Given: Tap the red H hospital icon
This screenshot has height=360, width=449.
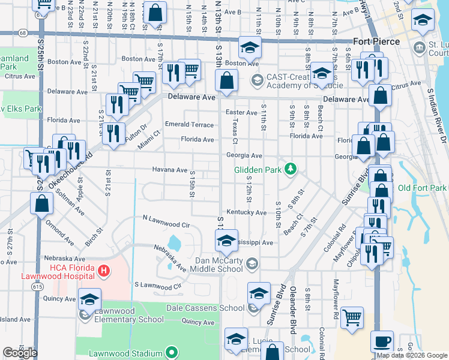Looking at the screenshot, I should tap(104, 271).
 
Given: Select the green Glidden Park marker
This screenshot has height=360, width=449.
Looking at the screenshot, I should tap(291, 170).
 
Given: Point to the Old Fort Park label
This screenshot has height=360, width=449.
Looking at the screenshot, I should tap(422, 188).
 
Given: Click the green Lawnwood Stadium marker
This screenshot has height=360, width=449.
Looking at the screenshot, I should tap(172, 352).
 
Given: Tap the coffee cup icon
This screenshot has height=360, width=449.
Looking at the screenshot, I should tap(382, 341).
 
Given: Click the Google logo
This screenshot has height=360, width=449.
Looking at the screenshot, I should tap(19, 353).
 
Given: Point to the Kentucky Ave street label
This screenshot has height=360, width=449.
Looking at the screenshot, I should tap(246, 212).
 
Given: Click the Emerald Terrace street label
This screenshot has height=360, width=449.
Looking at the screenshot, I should tap(189, 125).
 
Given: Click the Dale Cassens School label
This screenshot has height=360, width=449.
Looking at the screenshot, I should tap(215, 308).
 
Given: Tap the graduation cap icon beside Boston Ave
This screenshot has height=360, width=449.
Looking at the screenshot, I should tap(250, 47).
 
